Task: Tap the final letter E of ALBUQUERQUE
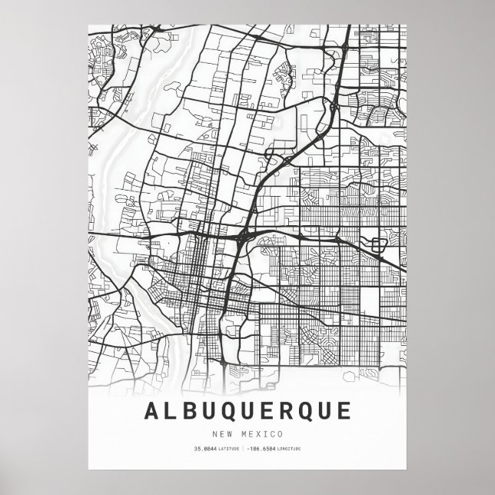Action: point(350,411)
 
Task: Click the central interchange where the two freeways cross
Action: point(244,230)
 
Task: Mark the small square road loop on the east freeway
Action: point(377,245)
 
